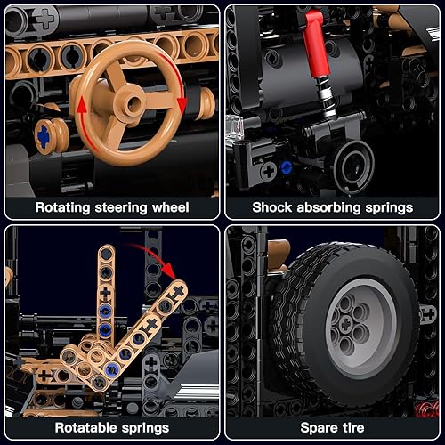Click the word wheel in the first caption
(x=168, y=207)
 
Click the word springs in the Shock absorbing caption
(x=390, y=207)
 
